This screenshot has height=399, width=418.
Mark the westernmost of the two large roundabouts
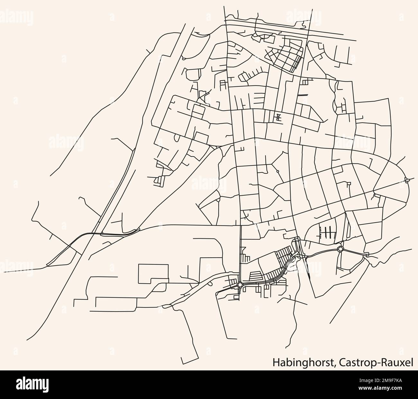(x=240, y=284)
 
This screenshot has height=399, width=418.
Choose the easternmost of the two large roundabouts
(x=340, y=249)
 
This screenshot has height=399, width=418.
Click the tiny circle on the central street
(x=277, y=171)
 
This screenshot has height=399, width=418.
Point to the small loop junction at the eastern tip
(x=408, y=180)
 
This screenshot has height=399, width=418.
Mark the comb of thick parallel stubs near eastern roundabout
(x=327, y=232)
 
